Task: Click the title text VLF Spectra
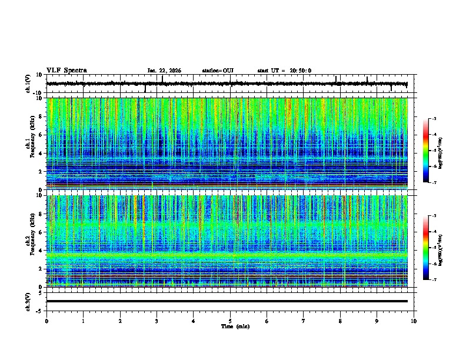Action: [x=66, y=71]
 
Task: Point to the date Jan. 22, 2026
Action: [x=164, y=71]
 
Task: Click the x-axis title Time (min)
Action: [x=235, y=326]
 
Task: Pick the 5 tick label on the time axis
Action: [x=230, y=321]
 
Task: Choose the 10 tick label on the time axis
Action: [x=414, y=321]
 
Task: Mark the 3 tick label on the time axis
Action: [x=157, y=321]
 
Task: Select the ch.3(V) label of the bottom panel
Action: [x=29, y=301]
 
